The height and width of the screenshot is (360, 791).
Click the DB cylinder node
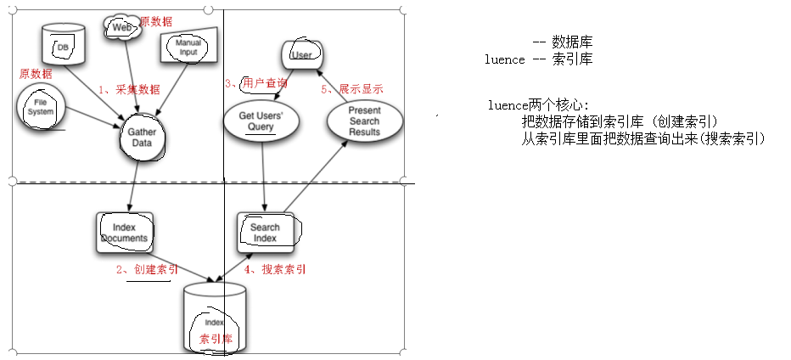point(64,43)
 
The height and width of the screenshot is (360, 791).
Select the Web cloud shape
point(121,28)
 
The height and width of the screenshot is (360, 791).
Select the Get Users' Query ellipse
point(261,121)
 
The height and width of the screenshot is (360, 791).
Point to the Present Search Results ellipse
point(364,121)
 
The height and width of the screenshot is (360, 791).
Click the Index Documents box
point(124,232)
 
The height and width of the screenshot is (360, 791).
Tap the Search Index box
point(266,232)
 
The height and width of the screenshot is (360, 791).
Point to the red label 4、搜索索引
point(276,269)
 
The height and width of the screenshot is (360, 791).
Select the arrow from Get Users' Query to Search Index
point(264,173)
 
